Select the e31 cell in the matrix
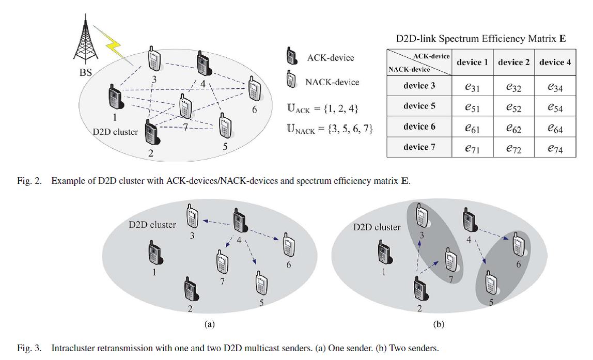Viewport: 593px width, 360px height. (472, 87)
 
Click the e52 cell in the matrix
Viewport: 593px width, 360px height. (513, 107)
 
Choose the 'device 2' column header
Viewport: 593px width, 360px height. (513, 62)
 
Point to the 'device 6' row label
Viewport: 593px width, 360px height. (419, 127)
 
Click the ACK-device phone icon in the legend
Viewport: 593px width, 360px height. (291, 57)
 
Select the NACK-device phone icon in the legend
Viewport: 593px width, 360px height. (291, 81)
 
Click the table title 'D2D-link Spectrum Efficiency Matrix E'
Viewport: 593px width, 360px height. (480, 39)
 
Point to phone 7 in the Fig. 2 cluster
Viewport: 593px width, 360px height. (185, 107)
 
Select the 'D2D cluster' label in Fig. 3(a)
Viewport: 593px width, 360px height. (152, 225)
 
